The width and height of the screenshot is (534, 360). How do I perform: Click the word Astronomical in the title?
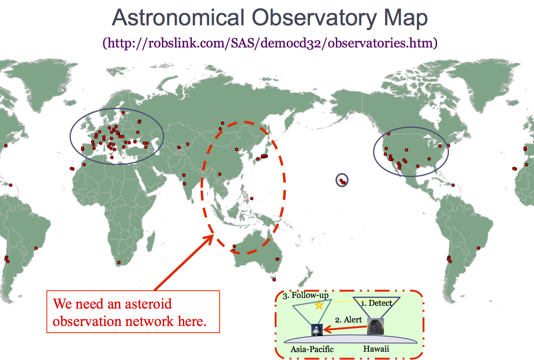(x=178, y=17)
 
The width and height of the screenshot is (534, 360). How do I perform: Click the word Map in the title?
(x=406, y=19)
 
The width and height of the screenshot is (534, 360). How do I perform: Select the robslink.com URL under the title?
(x=270, y=43)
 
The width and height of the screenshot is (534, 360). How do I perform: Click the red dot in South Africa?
(x=119, y=262)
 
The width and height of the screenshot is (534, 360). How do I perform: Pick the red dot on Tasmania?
(x=274, y=280)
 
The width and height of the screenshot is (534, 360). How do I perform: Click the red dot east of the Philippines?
(x=252, y=199)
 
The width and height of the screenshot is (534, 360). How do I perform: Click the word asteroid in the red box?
(x=148, y=304)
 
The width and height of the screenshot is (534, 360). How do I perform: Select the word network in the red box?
(x=149, y=321)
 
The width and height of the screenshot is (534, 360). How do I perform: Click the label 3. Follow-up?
(x=306, y=296)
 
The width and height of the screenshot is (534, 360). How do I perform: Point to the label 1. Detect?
(x=376, y=303)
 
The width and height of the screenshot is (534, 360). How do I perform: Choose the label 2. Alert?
(x=348, y=320)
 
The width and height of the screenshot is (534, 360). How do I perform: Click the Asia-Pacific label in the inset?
(x=312, y=349)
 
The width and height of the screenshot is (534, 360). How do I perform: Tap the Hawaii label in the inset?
(x=376, y=349)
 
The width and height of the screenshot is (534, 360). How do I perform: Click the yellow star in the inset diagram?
(x=319, y=305)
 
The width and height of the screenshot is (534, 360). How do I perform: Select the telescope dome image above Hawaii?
(x=375, y=326)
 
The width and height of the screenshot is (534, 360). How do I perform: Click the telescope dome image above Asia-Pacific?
(x=317, y=330)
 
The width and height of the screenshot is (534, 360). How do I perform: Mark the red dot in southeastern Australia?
(x=277, y=259)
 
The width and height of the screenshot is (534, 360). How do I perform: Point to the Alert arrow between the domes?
(x=345, y=329)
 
